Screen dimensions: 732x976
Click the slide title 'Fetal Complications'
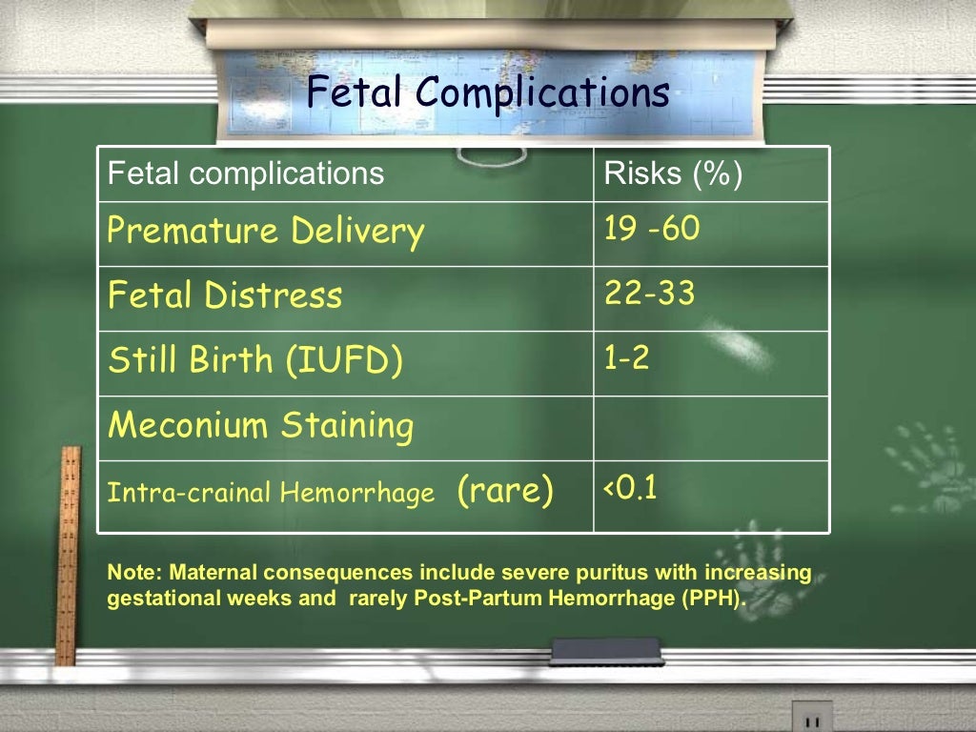pyautogui.click(x=487, y=94)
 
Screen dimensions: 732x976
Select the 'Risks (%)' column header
pyautogui.click(x=673, y=173)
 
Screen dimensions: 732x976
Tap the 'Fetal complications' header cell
pyautogui.click(x=246, y=173)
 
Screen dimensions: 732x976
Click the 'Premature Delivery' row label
pyautogui.click(x=265, y=232)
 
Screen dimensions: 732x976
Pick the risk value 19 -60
pyautogui.click(x=652, y=230)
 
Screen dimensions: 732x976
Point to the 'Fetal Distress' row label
pyautogui.click(x=224, y=295)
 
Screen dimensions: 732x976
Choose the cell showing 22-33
pyautogui.click(x=649, y=295)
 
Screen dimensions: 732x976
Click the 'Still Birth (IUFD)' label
pyautogui.click(x=255, y=360)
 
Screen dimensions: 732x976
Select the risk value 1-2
pyautogui.click(x=626, y=358)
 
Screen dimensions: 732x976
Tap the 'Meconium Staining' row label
pyautogui.click(x=260, y=425)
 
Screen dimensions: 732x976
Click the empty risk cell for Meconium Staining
pyautogui.click(x=710, y=428)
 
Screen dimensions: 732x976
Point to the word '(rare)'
pyautogui.click(x=505, y=492)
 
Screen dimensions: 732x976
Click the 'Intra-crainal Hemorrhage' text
pyautogui.click(x=271, y=494)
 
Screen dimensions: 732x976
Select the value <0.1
pyautogui.click(x=629, y=489)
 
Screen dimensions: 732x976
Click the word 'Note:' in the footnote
pyautogui.click(x=134, y=574)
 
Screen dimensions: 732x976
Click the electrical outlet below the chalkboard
pyautogui.click(x=811, y=717)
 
